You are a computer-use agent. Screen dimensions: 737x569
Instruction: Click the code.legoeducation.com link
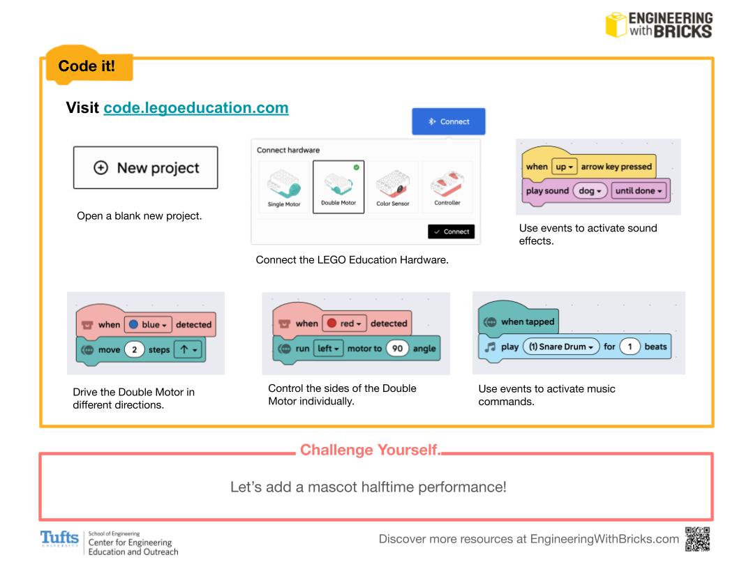tap(196, 109)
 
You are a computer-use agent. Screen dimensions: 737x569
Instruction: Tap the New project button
tap(145, 167)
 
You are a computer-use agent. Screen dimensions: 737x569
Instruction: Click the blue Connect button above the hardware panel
tap(448, 121)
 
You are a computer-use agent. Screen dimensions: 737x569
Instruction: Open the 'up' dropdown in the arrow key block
tap(563, 167)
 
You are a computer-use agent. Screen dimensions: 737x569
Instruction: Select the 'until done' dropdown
tap(639, 190)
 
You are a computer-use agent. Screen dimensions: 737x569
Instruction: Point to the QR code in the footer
tap(699, 539)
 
